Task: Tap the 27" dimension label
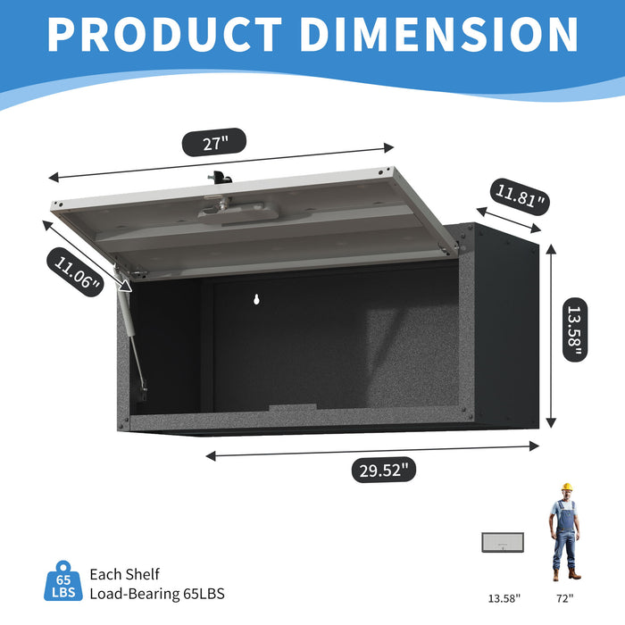pos(213,142)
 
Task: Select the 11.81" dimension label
pos(521,196)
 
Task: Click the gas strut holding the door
pos(132,336)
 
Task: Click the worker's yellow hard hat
pos(565,487)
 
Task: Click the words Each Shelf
pos(124,574)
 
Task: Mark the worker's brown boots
pos(564,575)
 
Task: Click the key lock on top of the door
pos(218,178)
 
